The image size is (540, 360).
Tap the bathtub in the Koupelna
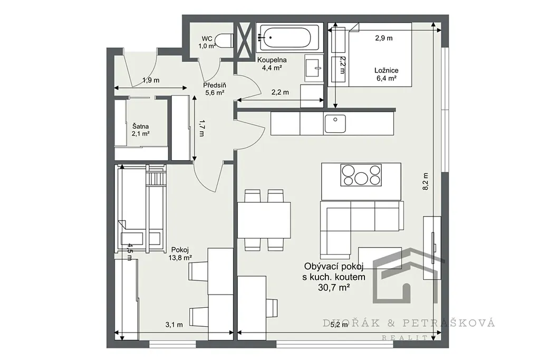click(x=286, y=37)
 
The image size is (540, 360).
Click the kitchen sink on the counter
click(x=335, y=123)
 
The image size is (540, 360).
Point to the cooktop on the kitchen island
click(x=361, y=175)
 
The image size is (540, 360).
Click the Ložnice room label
click(x=387, y=71)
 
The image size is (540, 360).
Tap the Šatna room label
click(x=140, y=127)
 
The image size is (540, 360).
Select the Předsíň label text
click(x=215, y=85)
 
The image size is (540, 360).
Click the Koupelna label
click(x=272, y=60)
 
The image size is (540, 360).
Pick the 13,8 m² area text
click(x=180, y=257)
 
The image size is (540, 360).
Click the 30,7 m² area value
click(x=334, y=288)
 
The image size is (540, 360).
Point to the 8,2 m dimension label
click(x=426, y=181)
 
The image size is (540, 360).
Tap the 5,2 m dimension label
click(x=339, y=325)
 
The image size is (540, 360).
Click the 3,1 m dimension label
click(x=174, y=325)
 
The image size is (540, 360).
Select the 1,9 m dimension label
click(x=151, y=81)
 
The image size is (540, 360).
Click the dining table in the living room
click(x=264, y=220)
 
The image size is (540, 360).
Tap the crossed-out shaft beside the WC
click(x=245, y=41)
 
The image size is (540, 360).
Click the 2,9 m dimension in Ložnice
click(x=384, y=38)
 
